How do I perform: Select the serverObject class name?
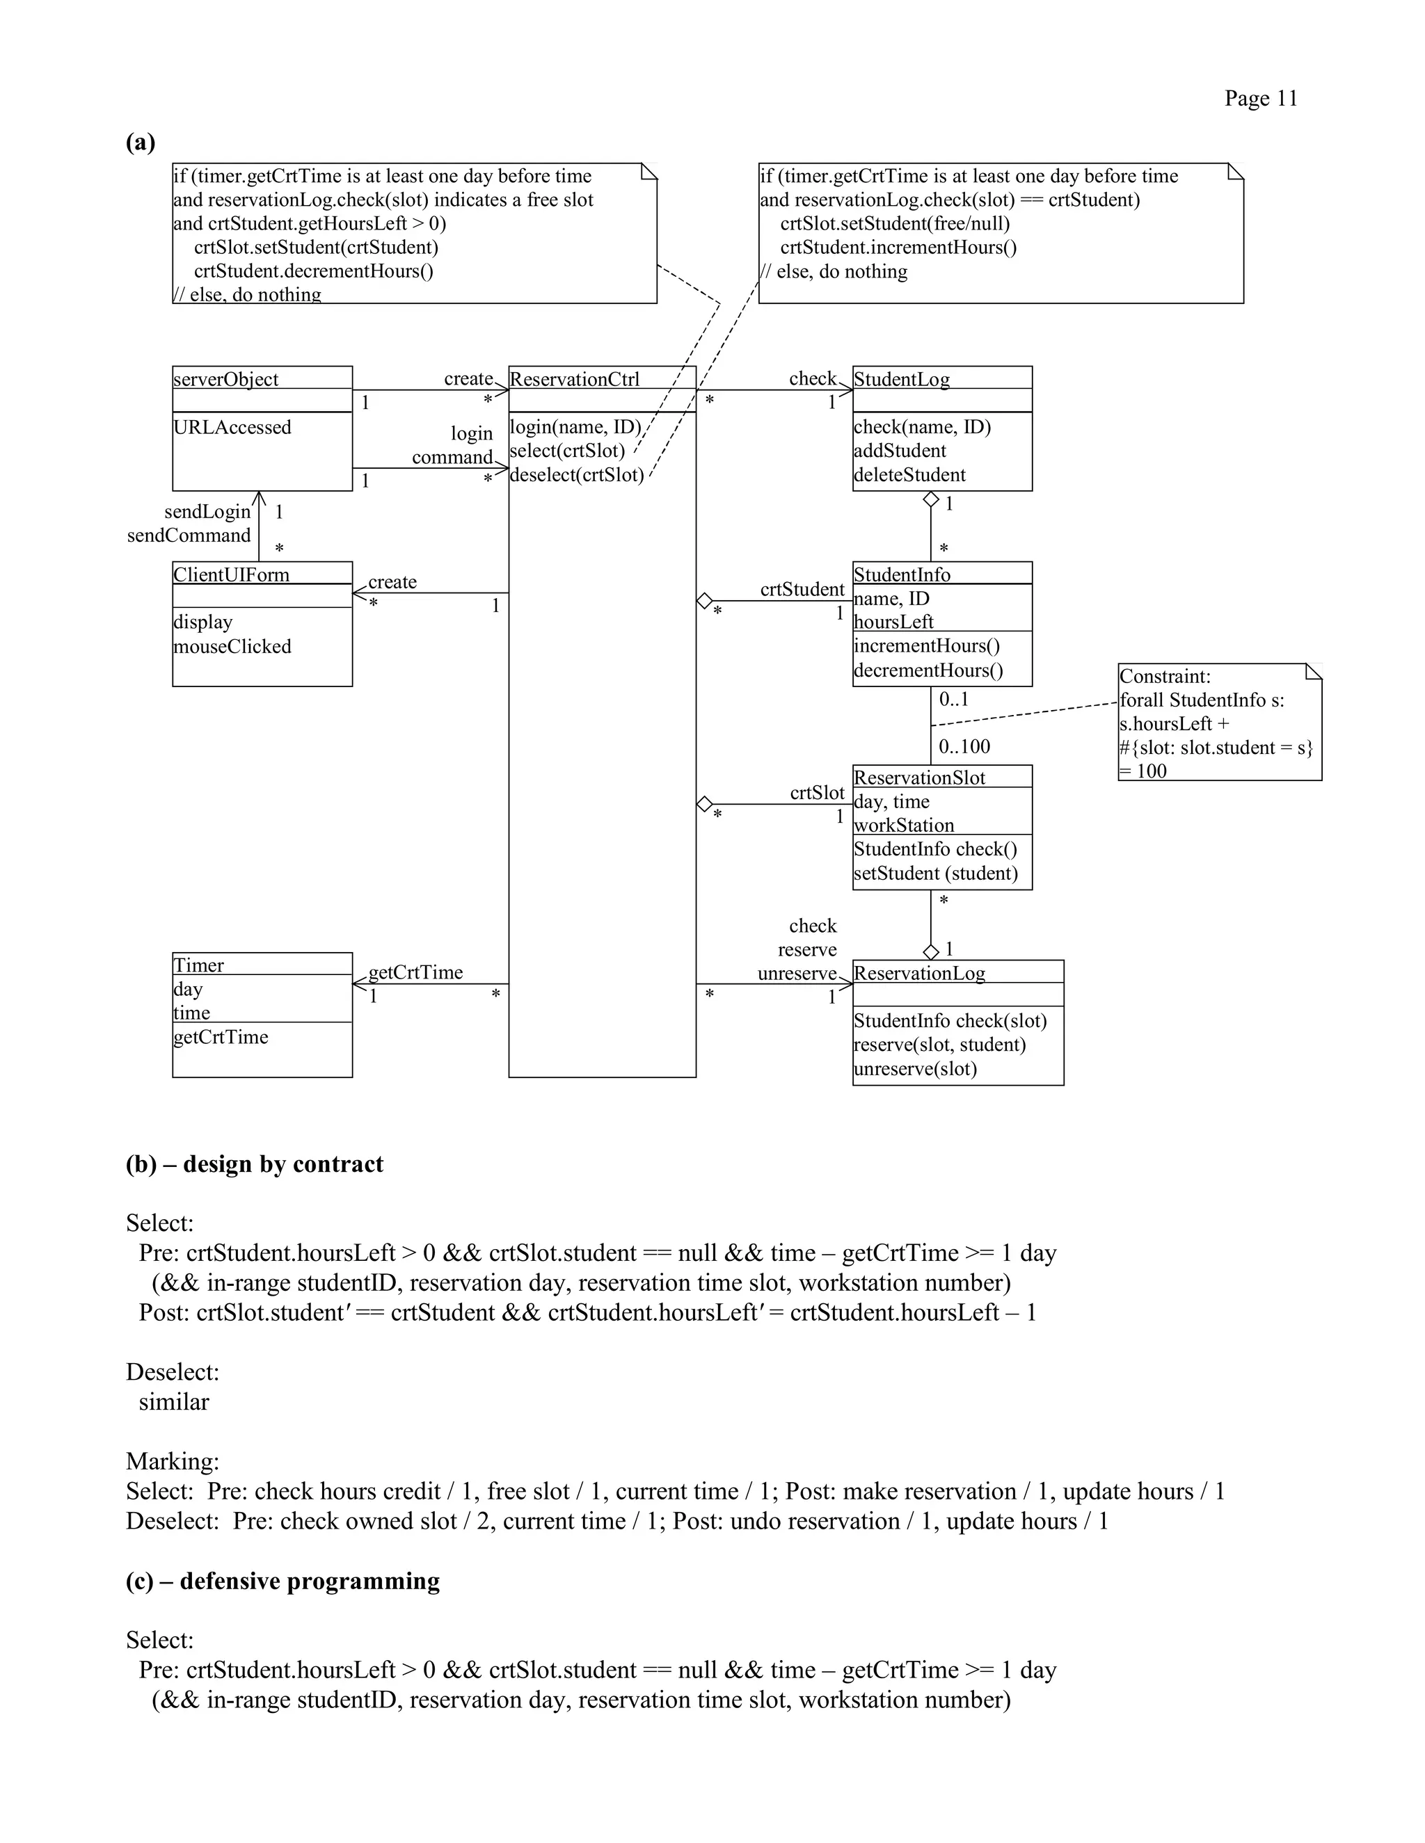[225, 379]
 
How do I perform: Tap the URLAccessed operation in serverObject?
[232, 427]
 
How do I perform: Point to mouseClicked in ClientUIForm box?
[232, 646]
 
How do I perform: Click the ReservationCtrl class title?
[574, 379]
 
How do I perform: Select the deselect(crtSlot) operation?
[577, 475]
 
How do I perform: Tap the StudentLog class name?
[901, 379]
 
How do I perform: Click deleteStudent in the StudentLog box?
[909, 475]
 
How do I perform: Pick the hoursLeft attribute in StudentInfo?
[893, 622]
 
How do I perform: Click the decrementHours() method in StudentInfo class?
[928, 670]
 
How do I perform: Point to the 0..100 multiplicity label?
[964, 747]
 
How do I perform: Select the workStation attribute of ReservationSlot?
[903, 826]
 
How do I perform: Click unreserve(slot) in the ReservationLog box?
[915, 1068]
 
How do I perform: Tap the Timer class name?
[198, 965]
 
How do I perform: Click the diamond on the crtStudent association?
[704, 601]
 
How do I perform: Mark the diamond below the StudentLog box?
[930, 499]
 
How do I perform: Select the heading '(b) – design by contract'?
[254, 1164]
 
